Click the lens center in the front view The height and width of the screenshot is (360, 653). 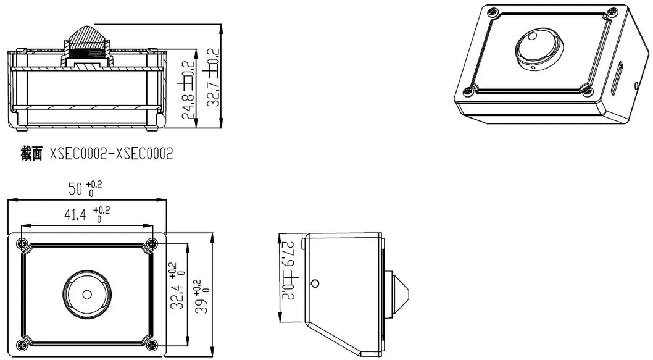click(x=88, y=293)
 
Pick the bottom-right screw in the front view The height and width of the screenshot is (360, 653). click(x=151, y=343)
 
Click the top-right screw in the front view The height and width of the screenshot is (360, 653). click(x=151, y=243)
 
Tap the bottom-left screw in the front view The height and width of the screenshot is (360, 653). click(x=23, y=343)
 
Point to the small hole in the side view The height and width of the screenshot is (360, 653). click(x=316, y=283)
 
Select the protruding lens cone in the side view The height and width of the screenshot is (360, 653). click(x=399, y=292)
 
